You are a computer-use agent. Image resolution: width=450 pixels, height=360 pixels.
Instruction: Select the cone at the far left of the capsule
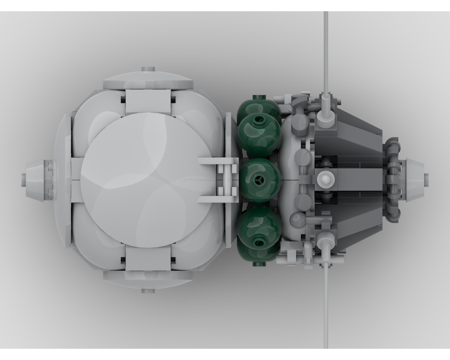35,180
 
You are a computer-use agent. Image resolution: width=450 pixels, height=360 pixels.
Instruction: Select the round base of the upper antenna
325,118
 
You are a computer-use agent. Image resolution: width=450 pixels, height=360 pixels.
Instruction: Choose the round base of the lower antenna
325,242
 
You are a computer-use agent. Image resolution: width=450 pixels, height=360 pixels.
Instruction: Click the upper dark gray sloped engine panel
351,135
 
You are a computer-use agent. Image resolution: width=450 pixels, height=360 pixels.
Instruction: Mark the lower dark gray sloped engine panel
351,225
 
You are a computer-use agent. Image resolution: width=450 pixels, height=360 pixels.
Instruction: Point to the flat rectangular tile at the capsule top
148,102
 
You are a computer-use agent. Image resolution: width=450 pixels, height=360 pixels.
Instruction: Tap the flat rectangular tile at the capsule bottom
148,258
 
